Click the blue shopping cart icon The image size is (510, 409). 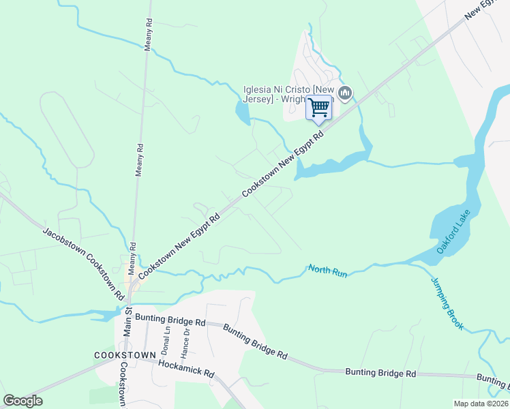319,108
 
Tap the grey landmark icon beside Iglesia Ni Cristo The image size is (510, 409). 345,93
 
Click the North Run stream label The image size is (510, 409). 327,271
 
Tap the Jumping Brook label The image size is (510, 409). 447,303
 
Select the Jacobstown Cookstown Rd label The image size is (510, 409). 83,263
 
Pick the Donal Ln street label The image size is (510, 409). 165,341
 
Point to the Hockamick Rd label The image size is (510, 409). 186,369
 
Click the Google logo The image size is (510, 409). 22,401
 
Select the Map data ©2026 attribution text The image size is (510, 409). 481,404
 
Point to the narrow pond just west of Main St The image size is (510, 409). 102,316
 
